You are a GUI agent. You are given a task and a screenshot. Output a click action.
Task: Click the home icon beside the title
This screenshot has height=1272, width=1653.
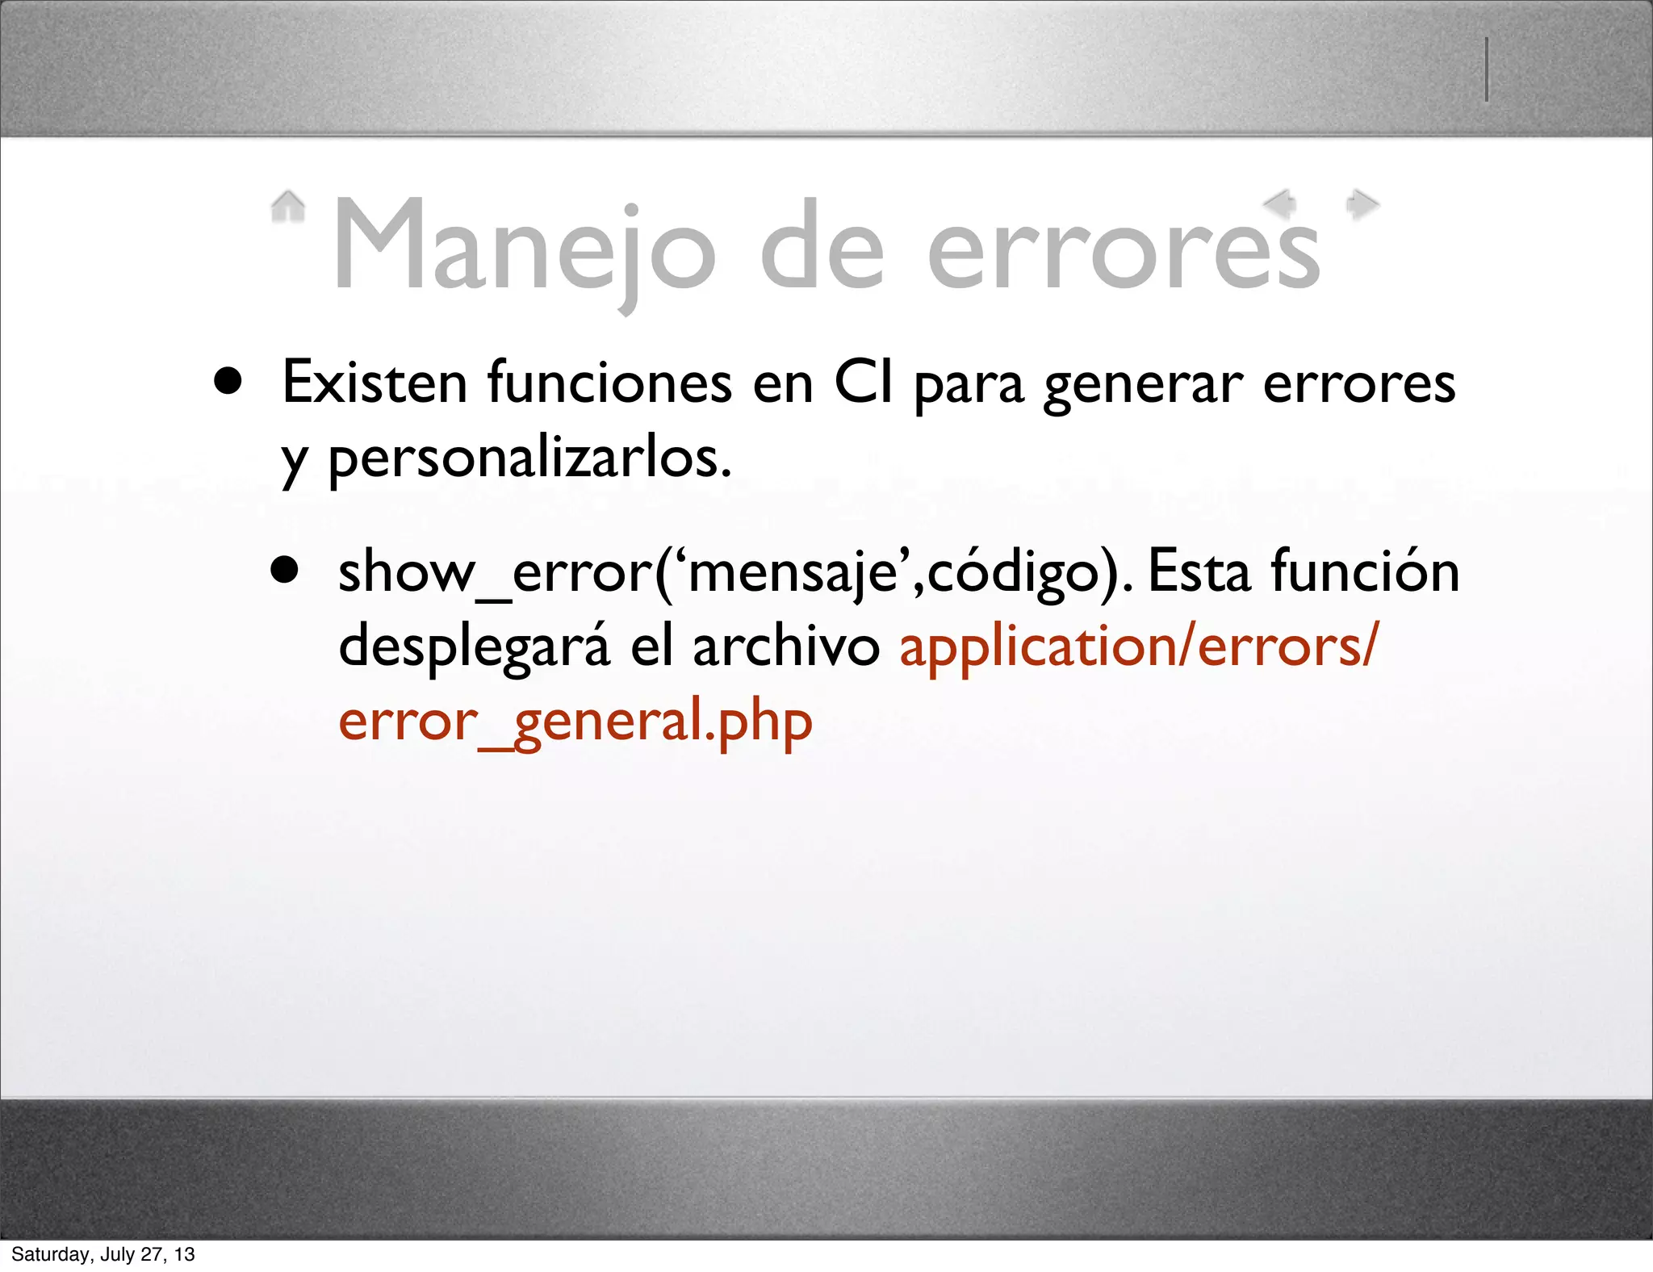click(287, 207)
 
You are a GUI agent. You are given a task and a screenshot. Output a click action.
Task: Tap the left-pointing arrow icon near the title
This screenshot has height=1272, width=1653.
click(1280, 203)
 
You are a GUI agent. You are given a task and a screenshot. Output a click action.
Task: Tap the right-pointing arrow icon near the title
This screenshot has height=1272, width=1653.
click(1362, 204)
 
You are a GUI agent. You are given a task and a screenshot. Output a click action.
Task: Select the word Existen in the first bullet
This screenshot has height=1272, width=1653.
click(375, 383)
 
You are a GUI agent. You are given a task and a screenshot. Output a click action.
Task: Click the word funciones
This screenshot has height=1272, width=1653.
click(609, 383)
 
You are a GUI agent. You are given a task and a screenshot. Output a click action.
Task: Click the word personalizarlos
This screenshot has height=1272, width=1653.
click(529, 459)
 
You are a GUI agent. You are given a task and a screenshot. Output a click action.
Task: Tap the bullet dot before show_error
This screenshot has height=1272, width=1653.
click(284, 571)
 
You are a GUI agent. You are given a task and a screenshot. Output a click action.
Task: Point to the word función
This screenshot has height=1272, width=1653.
click(1364, 571)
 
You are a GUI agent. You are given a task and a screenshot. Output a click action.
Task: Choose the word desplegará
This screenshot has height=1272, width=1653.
click(474, 647)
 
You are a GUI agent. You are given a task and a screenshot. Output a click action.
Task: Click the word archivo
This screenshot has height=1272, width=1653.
click(785, 647)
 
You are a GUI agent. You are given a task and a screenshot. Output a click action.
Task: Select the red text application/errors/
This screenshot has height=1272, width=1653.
click(1139, 647)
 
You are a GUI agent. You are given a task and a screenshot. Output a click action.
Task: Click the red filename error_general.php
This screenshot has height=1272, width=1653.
click(575, 722)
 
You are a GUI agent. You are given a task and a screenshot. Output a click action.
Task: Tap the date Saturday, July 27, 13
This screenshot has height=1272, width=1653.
click(103, 1254)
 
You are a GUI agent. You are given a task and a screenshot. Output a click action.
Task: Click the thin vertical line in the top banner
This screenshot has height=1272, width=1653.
click(1486, 69)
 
